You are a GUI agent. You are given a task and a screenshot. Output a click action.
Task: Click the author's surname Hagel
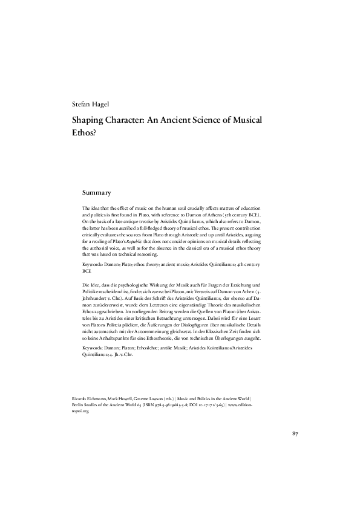click(x=102, y=105)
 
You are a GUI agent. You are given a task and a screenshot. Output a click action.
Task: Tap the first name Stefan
click(x=80, y=105)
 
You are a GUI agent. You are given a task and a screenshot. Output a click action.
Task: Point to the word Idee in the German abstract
click(x=96, y=284)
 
